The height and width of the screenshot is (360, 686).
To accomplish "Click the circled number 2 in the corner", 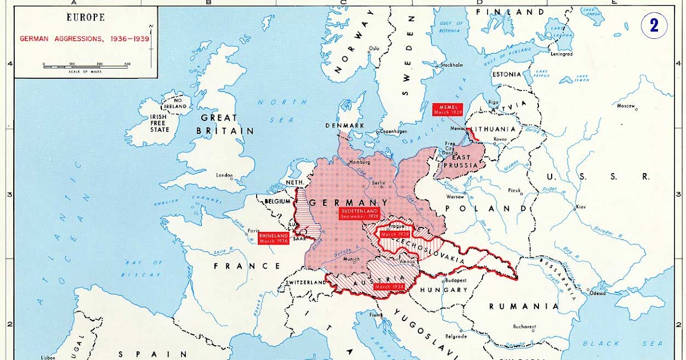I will (654, 26).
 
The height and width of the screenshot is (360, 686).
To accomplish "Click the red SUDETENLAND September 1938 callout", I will (358, 214).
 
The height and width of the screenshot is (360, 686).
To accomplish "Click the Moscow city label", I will (627, 106).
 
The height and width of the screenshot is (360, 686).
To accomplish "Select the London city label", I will (225, 175).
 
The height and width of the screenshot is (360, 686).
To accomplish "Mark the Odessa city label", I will (598, 293).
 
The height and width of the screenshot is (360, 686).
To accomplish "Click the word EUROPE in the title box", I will (85, 17).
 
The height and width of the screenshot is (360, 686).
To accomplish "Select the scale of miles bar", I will (86, 67).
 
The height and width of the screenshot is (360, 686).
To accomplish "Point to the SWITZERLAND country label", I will (306, 282).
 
